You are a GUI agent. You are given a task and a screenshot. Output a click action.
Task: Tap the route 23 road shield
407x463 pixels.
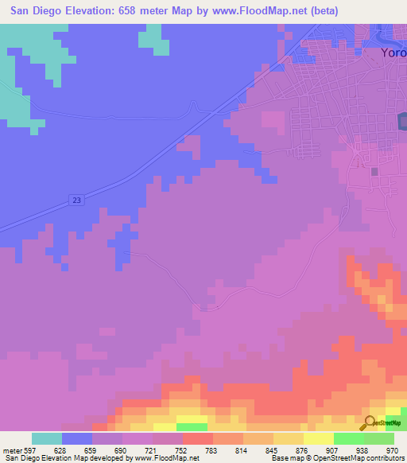pos(76,200)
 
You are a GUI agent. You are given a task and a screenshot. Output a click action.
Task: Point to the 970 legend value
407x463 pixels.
pos(392,449)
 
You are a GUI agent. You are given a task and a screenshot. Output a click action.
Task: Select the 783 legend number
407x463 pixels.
pos(211,449)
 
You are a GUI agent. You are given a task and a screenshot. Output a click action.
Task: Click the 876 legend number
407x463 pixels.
pos(301,449)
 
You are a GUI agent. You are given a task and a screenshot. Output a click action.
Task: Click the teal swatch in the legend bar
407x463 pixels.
pos(47,438)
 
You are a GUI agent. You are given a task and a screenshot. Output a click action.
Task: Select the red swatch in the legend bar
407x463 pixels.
pos(198,438)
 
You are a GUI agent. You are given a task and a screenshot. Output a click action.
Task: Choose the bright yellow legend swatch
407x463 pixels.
pos(319,438)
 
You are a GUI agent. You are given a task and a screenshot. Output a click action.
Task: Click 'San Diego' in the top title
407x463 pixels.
pos(37,11)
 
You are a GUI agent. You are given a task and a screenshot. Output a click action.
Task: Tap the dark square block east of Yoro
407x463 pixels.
pos(402,121)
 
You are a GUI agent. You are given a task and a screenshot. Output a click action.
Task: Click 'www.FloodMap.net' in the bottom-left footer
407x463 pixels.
pos(166,458)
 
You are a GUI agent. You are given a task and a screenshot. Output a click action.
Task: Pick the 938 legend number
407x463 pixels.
pos(362,449)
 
